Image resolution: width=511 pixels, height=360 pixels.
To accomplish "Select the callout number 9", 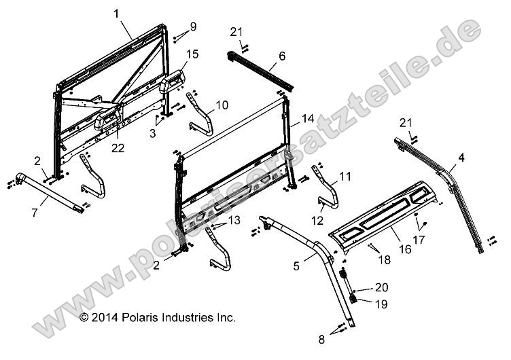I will click(193, 26).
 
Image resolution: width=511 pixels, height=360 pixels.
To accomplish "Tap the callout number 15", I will click(192, 54).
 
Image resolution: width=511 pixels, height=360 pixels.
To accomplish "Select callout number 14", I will click(308, 118).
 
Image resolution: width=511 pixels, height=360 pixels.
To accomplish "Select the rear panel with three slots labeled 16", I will click(387, 217).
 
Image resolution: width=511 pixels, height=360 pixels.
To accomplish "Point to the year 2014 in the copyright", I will click(105, 317).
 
